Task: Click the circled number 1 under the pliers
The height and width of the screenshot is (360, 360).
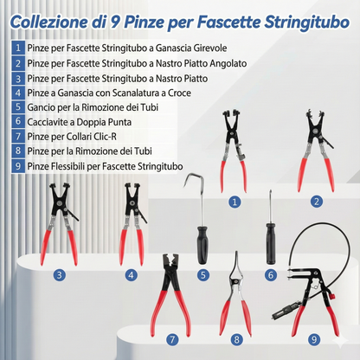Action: click(234, 201)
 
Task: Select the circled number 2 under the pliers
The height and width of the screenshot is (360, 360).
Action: click(317, 201)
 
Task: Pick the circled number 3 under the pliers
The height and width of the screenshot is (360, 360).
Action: click(59, 275)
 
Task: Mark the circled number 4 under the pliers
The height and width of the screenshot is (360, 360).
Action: click(131, 275)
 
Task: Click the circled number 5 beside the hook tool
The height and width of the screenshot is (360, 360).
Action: click(203, 274)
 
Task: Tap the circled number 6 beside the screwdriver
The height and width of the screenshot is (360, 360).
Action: click(270, 274)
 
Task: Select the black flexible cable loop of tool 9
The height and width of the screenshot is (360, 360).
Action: click(299, 238)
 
